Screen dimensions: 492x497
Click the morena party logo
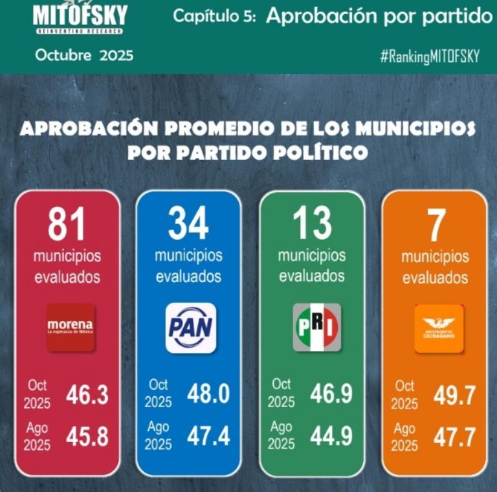pos(70,326)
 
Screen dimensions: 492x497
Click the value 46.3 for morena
pos(87,395)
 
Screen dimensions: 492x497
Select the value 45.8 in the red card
pos(87,437)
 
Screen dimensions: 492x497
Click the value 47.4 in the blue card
pos(208,436)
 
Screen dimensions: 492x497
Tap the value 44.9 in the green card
pos(331,436)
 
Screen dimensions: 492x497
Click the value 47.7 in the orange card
pos(454,437)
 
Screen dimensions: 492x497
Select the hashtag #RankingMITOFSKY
pos(430,56)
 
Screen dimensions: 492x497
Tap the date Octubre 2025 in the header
pos(85,56)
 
